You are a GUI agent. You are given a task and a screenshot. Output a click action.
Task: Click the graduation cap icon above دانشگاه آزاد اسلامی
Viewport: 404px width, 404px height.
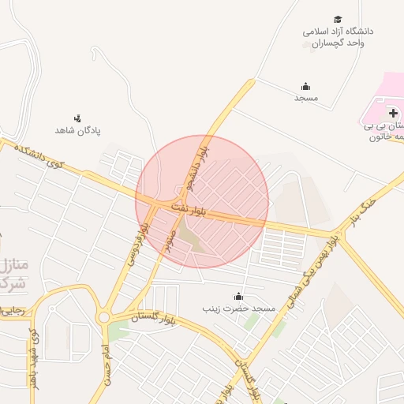pyautogui.click(x=338, y=19)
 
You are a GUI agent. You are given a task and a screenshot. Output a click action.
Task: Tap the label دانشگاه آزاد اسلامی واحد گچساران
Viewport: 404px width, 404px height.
pyautogui.click(x=338, y=37)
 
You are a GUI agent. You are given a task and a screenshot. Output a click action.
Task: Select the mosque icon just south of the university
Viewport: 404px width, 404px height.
pyautogui.click(x=306, y=86)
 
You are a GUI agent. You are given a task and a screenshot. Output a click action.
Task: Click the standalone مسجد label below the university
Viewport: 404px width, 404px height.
pyautogui.click(x=306, y=98)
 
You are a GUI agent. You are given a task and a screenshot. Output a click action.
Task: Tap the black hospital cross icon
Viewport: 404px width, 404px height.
pyautogui.click(x=393, y=114)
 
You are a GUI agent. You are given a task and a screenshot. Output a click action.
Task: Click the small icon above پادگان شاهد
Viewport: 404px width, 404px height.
pyautogui.click(x=77, y=118)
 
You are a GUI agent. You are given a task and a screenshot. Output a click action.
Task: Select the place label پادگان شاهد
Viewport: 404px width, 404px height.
pyautogui.click(x=77, y=129)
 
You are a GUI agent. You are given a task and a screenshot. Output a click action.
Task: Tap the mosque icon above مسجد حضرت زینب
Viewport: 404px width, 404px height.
pyautogui.click(x=238, y=296)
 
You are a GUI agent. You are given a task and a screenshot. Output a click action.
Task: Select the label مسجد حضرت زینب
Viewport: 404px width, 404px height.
pyautogui.click(x=239, y=308)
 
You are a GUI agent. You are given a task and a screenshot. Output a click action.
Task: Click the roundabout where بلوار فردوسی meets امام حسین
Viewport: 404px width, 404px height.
pyautogui.click(x=104, y=317)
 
